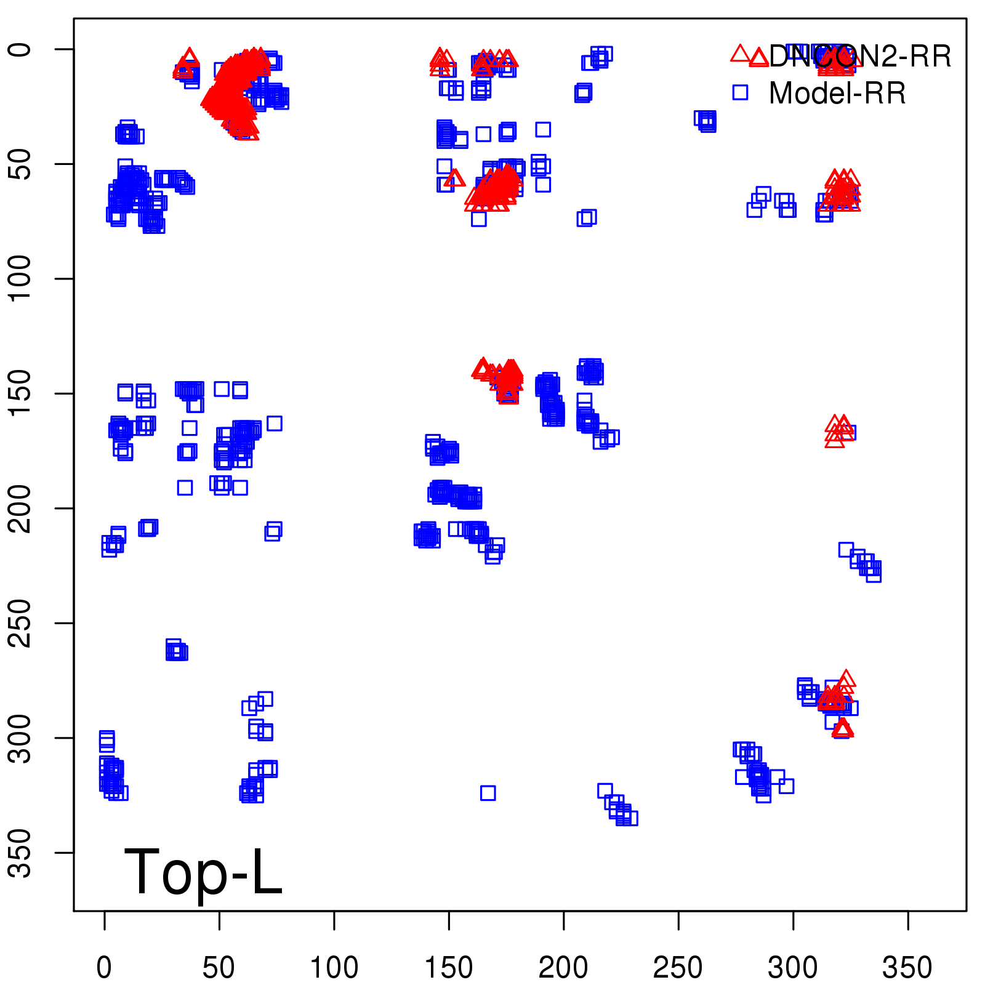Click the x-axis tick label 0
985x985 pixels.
[104, 968]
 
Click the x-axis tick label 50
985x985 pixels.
[219, 968]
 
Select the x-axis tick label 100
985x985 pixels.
[334, 968]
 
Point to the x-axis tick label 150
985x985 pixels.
[449, 968]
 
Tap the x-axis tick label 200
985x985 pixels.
[563, 968]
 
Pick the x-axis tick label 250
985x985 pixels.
[678, 968]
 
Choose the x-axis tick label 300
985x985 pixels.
[793, 968]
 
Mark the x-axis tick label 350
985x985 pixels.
[907, 968]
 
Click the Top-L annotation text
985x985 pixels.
[203, 872]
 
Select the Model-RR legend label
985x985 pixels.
[837, 94]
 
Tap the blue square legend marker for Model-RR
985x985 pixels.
[740, 92]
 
